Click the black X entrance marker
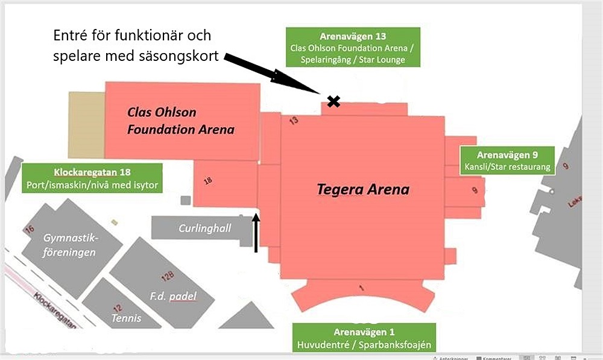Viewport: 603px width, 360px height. pyautogui.click(x=333, y=101)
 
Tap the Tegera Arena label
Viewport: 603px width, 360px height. pyautogui.click(x=363, y=189)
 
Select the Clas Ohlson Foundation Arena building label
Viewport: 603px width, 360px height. pyautogui.click(x=181, y=121)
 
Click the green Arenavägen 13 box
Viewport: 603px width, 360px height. pyautogui.click(x=353, y=48)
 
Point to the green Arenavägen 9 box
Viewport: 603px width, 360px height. pyautogui.click(x=507, y=160)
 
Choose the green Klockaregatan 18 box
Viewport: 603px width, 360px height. pyautogui.click(x=92, y=178)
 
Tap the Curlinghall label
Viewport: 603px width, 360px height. pyautogui.click(x=205, y=229)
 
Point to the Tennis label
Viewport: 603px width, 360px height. pyautogui.click(x=126, y=318)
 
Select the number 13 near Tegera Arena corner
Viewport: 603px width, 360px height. pyautogui.click(x=294, y=121)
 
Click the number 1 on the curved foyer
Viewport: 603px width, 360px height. pyautogui.click(x=361, y=288)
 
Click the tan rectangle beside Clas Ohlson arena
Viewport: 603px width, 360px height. pyautogui.click(x=86, y=125)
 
